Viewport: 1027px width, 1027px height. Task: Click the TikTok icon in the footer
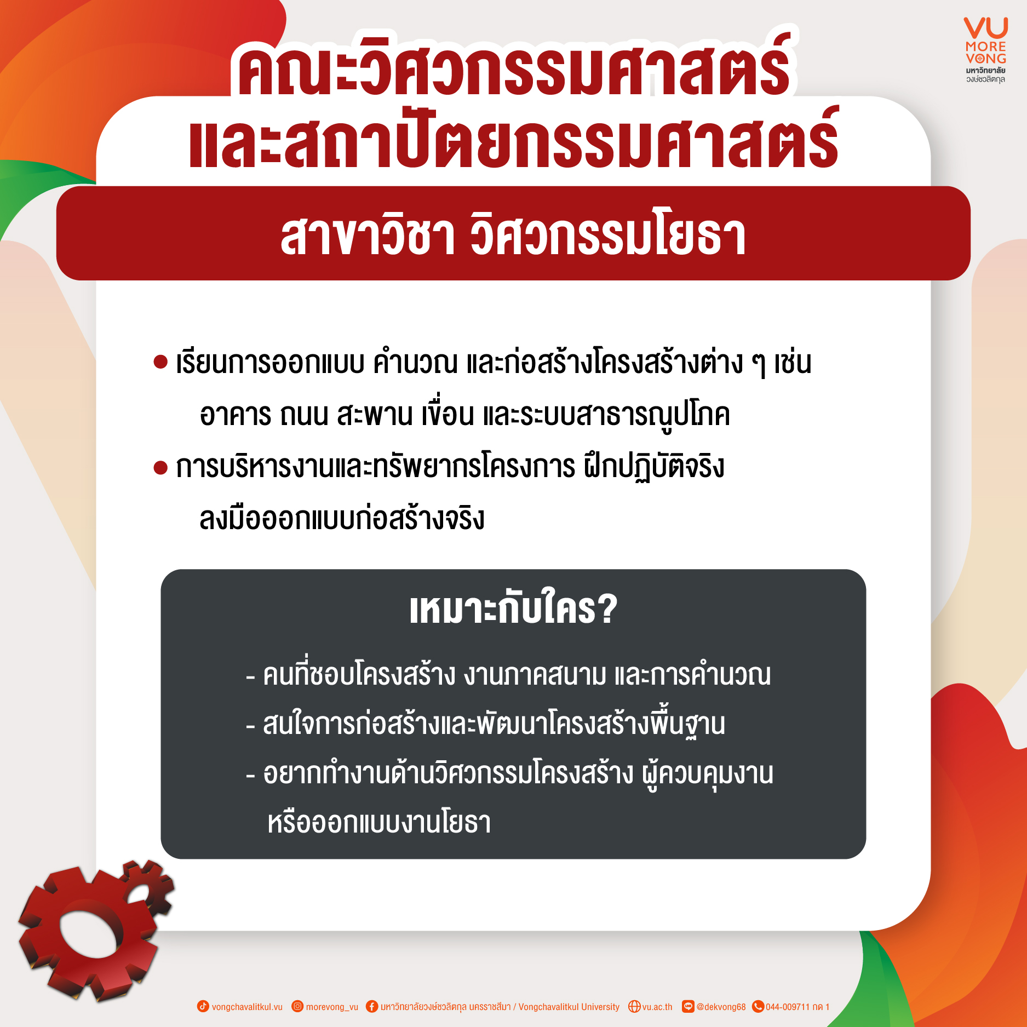[x=203, y=1006]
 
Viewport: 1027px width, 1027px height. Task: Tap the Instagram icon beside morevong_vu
[x=297, y=1006]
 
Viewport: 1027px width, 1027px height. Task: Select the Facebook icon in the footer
[x=372, y=1006]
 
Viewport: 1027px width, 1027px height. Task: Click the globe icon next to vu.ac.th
[x=634, y=1006]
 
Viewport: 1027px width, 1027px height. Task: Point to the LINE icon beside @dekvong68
[x=688, y=1006]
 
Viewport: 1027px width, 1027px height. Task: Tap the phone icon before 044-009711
[x=758, y=1006]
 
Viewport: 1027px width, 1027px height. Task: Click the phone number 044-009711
[x=787, y=1007]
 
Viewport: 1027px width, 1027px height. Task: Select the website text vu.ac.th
[x=657, y=1007]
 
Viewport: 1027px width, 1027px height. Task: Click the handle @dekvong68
[x=721, y=1007]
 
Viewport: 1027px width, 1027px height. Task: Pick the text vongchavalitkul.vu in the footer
[x=247, y=1007]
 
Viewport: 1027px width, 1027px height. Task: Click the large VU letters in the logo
[x=986, y=28]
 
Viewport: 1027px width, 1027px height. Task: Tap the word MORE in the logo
[x=986, y=47]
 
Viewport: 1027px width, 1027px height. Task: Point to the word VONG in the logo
[x=986, y=59]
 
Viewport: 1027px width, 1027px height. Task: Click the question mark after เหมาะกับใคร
[x=607, y=609]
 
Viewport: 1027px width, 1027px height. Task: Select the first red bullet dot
[x=160, y=362]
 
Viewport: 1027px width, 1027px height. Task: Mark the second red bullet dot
[x=160, y=468]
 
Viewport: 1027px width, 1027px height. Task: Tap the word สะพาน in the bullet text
[x=375, y=414]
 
